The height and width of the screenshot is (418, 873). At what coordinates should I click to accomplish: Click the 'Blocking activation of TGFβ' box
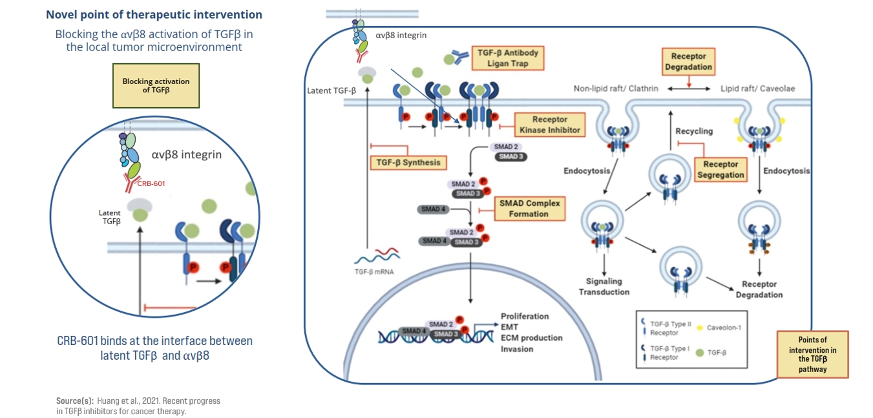156,85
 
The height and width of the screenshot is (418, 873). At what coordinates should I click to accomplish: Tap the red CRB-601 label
151,183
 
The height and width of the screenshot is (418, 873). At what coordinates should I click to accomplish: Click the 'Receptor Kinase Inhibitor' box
549,125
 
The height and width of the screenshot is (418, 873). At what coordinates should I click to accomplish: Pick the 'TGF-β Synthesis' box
408,162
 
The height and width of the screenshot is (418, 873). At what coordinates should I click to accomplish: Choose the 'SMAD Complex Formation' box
529,209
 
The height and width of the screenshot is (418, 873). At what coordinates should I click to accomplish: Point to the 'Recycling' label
694,131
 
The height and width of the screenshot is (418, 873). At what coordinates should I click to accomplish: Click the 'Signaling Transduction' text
604,286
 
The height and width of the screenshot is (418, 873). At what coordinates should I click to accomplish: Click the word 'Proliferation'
525,317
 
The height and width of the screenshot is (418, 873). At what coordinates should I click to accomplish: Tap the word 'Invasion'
517,349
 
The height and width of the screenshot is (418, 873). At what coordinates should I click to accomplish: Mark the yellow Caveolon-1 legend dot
701,327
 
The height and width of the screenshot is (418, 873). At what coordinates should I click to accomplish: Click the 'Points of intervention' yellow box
812,354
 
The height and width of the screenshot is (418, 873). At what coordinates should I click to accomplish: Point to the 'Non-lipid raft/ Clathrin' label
616,89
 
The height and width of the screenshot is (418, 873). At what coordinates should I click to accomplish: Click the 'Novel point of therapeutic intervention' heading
154,14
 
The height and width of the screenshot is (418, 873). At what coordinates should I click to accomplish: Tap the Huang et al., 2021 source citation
138,406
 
